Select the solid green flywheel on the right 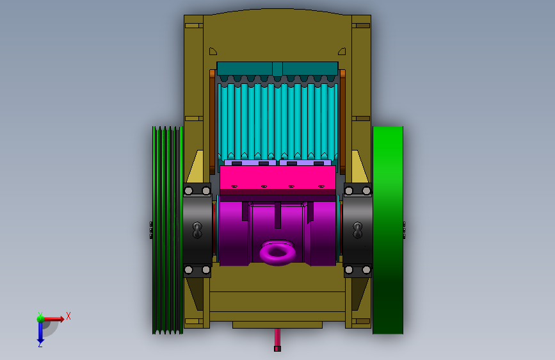[x=388, y=230]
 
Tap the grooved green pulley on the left [x=168, y=230]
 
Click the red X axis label [x=68, y=316]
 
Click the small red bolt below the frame [x=278, y=340]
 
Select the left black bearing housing [x=198, y=230]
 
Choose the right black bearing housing [x=357, y=230]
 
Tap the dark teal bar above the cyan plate [x=278, y=69]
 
